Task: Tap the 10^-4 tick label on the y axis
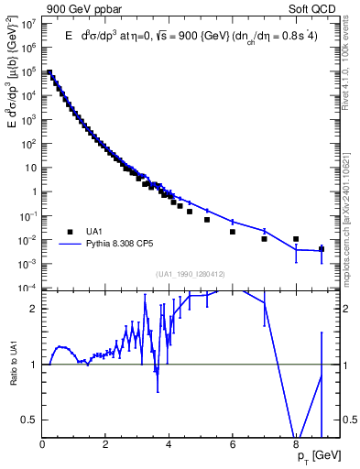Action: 30,289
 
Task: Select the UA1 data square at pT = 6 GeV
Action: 233,232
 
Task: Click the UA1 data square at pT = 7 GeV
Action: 264,239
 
